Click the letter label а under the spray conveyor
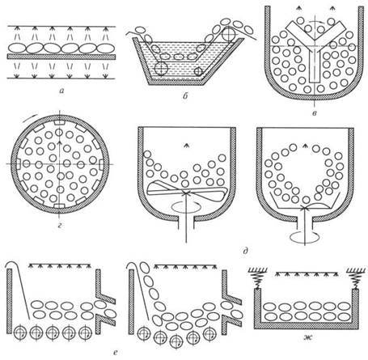(62, 91)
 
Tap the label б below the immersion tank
(185, 96)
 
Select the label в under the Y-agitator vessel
(314, 113)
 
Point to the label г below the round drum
(60, 226)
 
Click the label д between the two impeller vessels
(245, 251)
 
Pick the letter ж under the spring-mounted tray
(307, 337)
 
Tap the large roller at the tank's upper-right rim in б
(229, 34)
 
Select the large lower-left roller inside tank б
(161, 68)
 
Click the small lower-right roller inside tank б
(199, 71)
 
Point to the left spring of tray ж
(258, 280)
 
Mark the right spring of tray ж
(356, 280)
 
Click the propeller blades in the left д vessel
(186, 192)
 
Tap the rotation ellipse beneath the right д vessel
(305, 236)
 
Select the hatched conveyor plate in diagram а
(61, 57)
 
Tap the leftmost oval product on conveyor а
(17, 49)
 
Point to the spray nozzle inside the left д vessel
(186, 146)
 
